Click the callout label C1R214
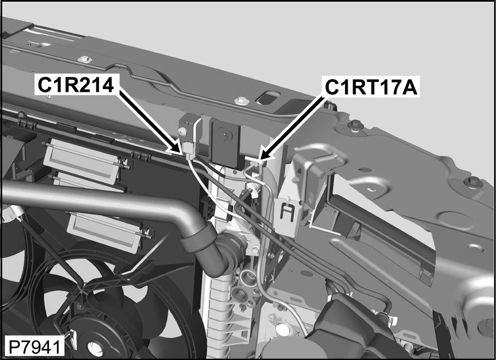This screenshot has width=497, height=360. tap(75, 85)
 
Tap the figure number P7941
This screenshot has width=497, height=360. tap(34, 348)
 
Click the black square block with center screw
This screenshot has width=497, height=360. tap(225, 141)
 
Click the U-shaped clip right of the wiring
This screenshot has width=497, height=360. tap(287, 211)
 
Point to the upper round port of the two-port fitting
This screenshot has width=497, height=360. tap(247, 277)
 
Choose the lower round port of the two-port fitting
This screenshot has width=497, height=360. tap(239, 294)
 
